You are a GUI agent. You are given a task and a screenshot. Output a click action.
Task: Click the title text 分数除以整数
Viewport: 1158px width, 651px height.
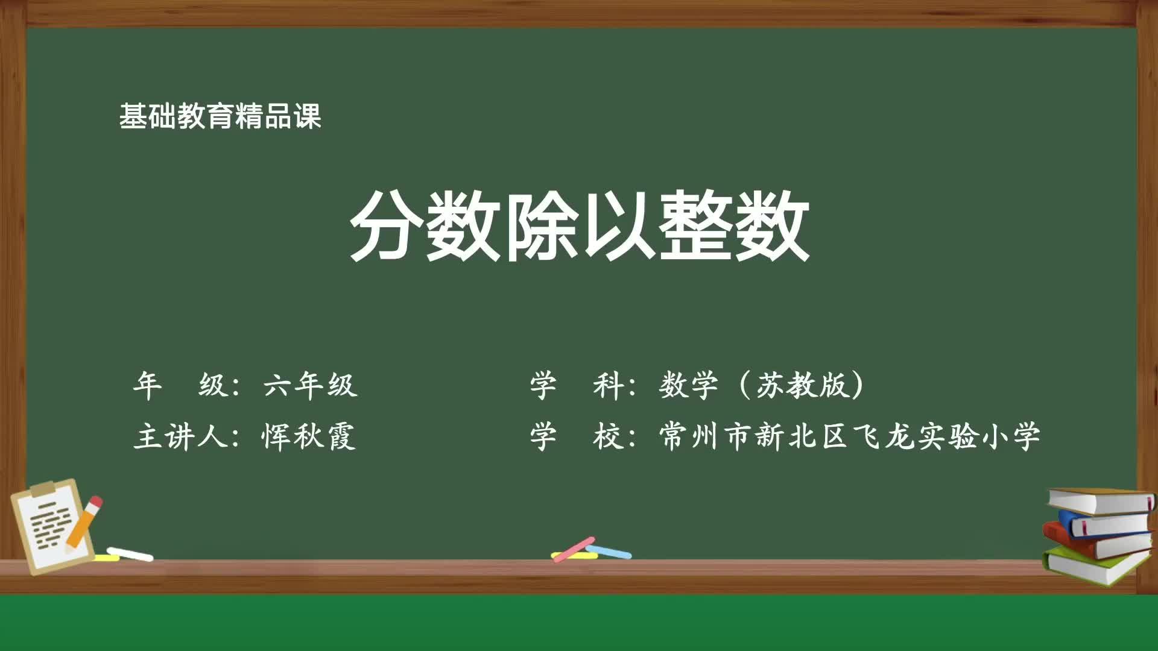pyautogui.click(x=579, y=225)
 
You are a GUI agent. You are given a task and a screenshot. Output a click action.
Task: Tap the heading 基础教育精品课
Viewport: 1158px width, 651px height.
pyautogui.click(x=220, y=116)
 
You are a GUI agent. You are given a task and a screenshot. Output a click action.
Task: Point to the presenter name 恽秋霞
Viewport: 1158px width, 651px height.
pyautogui.click(x=308, y=436)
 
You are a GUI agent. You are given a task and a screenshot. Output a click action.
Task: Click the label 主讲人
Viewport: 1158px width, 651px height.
pyautogui.click(x=180, y=436)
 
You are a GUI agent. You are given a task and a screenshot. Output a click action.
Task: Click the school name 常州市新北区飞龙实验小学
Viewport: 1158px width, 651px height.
pyautogui.click(x=850, y=436)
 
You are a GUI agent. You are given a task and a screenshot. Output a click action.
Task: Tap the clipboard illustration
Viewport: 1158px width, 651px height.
pyautogui.click(x=51, y=527)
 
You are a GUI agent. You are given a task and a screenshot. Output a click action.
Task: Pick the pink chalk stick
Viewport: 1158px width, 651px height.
pyautogui.click(x=573, y=549)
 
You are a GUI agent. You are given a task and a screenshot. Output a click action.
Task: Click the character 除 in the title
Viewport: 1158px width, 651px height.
pyautogui.click(x=540, y=225)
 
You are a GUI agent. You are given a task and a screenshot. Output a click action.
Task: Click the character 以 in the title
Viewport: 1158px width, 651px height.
pyautogui.click(x=618, y=225)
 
